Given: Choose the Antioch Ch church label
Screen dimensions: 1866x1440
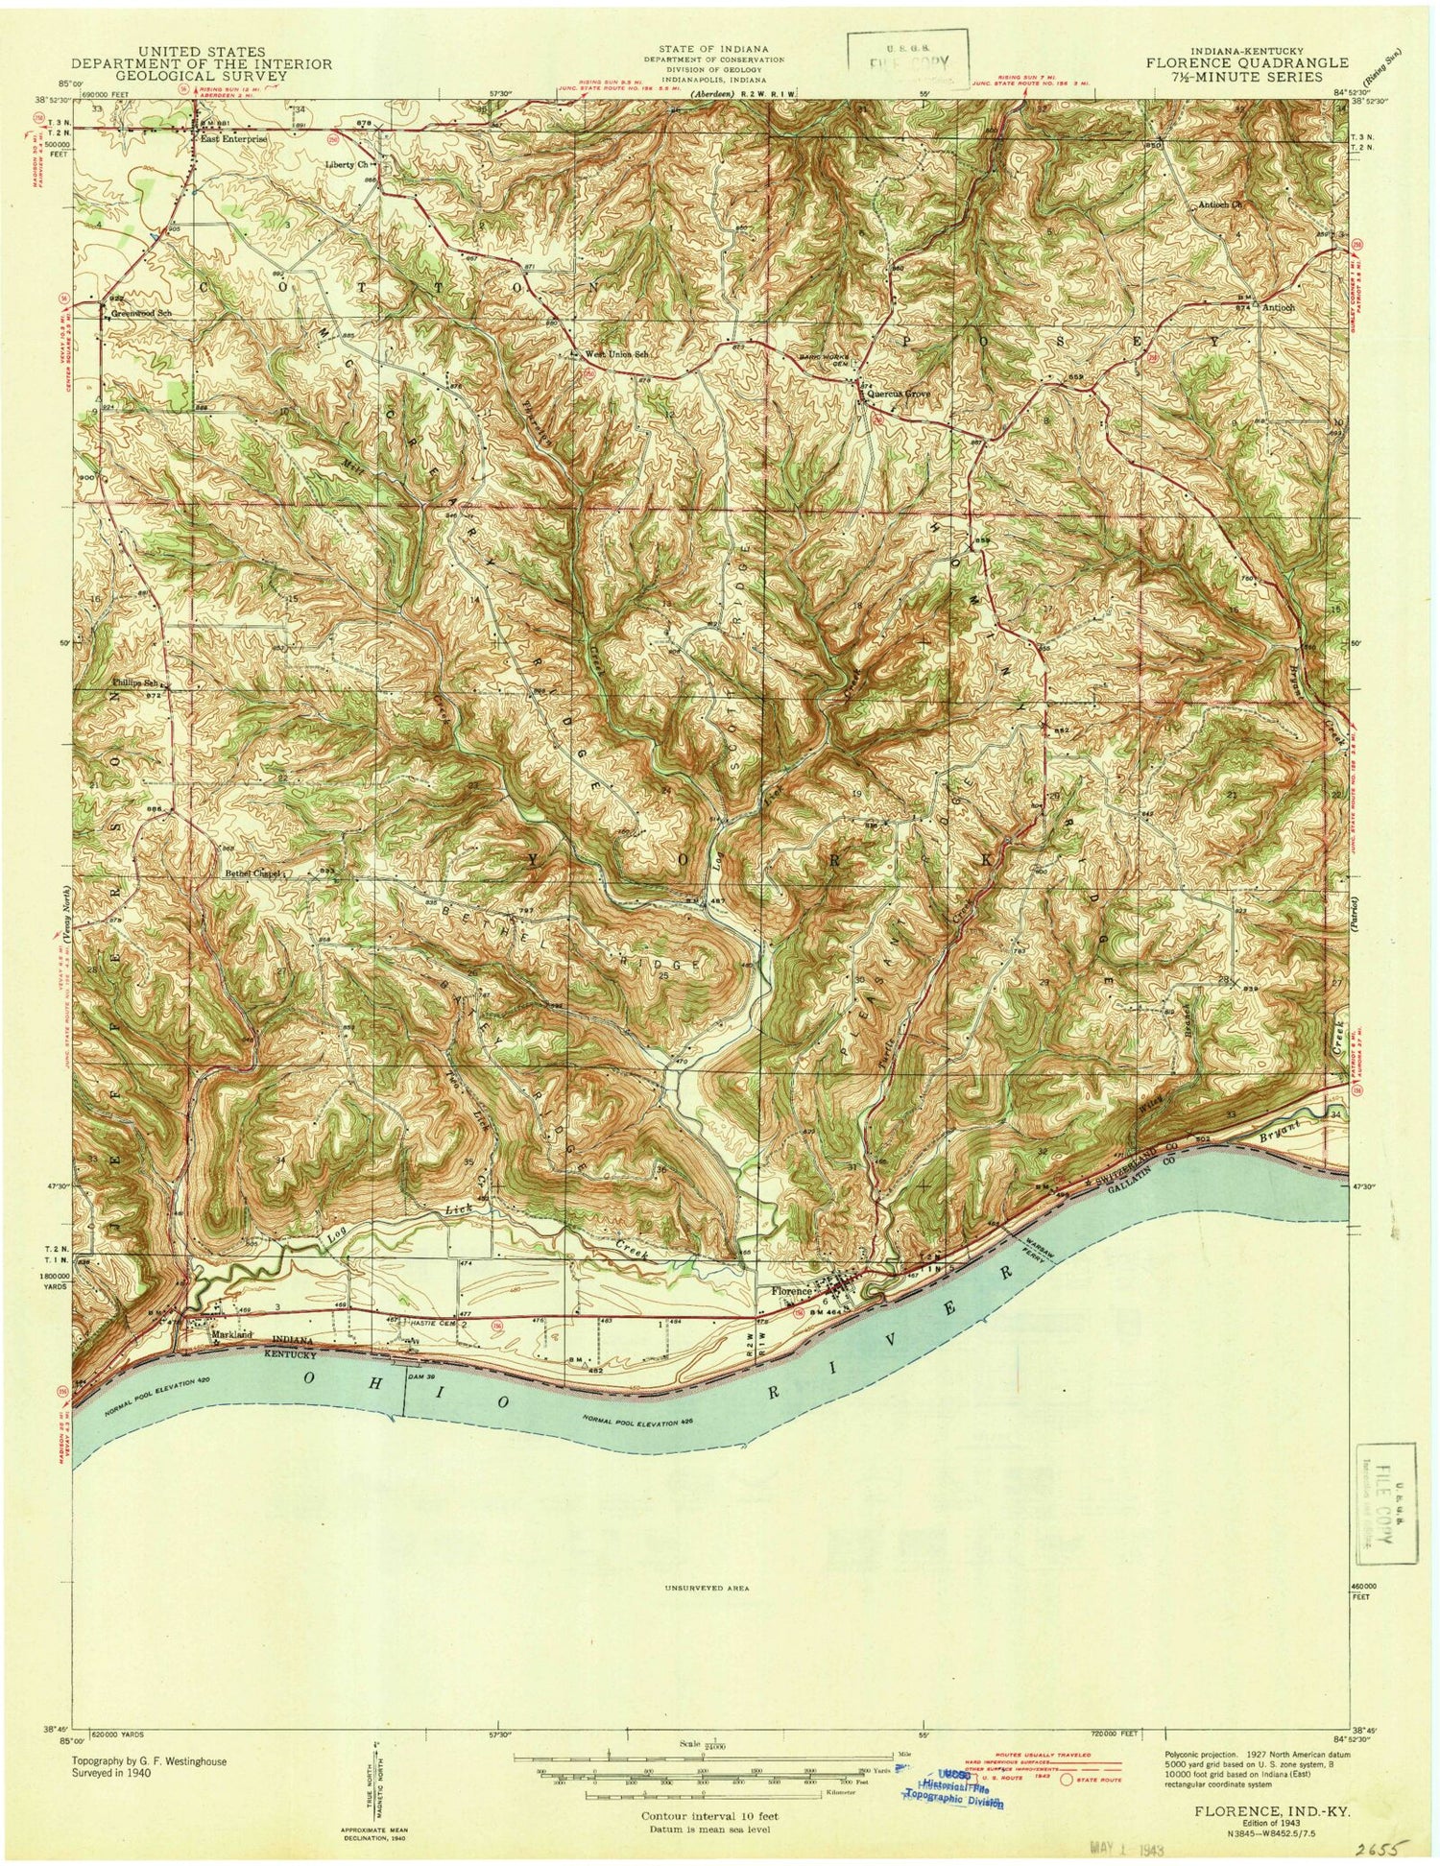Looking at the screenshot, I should [x=1220, y=204].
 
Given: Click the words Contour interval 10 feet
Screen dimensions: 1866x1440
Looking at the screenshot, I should [x=710, y=1790].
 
